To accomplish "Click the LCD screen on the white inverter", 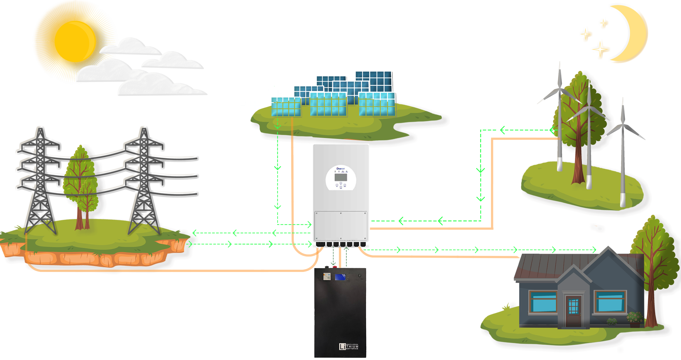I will point(341,177).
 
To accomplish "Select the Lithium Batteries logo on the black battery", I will point(349,346).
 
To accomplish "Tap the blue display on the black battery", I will point(340,277).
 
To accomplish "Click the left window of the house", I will point(543,302).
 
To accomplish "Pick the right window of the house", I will point(610,302).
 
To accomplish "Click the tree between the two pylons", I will point(80,182).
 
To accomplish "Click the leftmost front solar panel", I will point(286,107).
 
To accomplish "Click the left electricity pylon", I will point(39,182).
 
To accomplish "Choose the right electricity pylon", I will point(143,182).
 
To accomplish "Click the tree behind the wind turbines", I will point(577,117).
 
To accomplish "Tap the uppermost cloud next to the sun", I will point(129,47).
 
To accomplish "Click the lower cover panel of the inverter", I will point(340,226).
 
